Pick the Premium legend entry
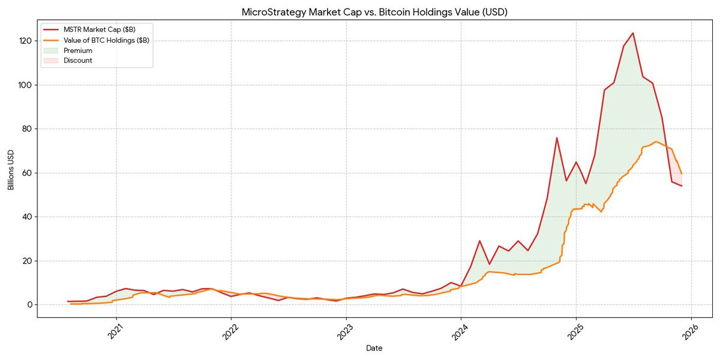(x=78, y=50)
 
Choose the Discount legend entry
(x=78, y=61)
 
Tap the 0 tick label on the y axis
(x=28, y=305)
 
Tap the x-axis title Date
(x=374, y=348)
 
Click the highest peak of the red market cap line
(x=633, y=33)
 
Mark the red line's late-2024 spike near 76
(x=556, y=138)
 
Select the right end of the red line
(x=682, y=186)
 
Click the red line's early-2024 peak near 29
(x=479, y=241)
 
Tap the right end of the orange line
(x=682, y=173)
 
